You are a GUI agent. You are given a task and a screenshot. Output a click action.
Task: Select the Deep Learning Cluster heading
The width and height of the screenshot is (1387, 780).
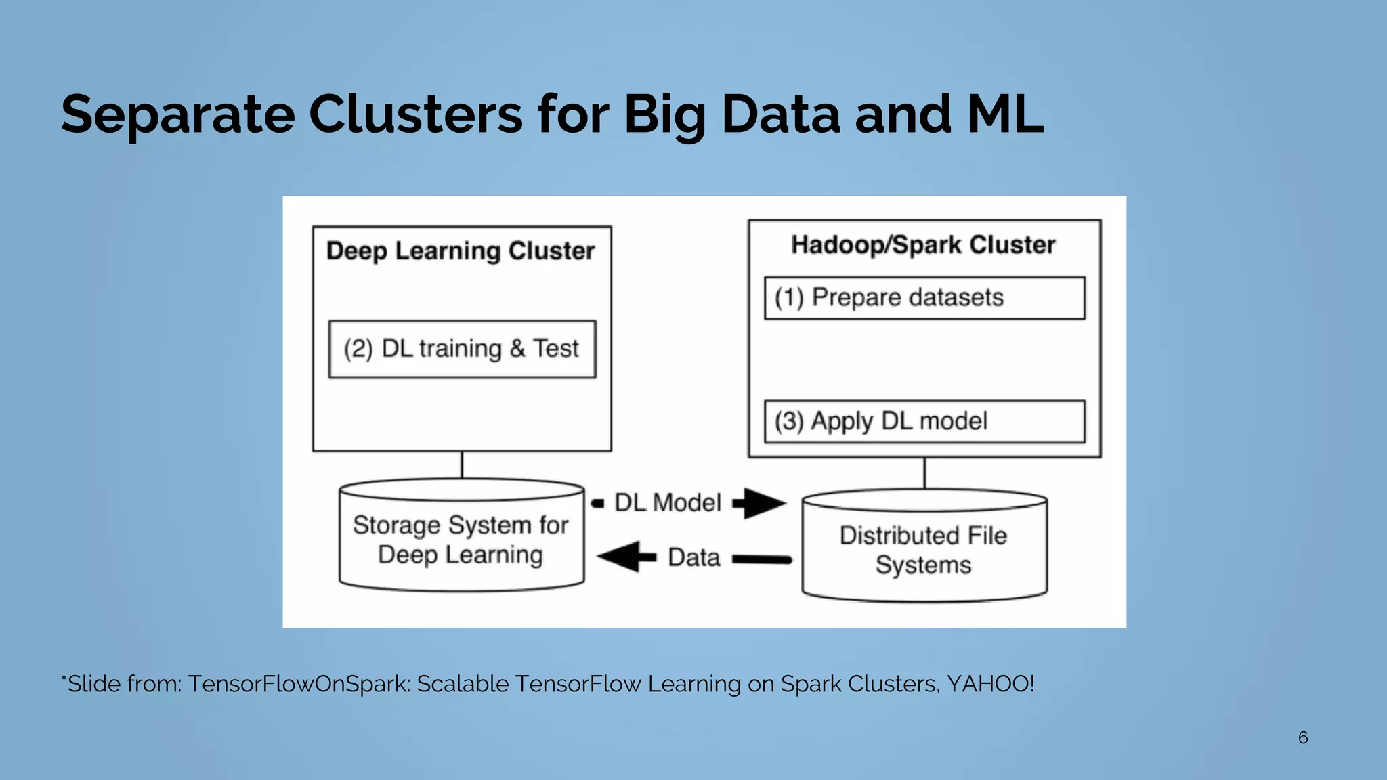click(x=461, y=251)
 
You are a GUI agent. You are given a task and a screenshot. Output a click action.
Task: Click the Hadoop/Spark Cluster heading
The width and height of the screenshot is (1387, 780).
click(x=923, y=245)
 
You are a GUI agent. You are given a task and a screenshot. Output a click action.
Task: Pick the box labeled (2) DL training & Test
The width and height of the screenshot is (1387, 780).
click(x=462, y=349)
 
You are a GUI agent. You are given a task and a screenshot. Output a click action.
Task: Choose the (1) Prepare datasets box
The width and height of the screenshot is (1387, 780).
click(x=924, y=298)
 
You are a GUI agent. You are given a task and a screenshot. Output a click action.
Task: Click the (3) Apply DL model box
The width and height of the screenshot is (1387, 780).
click(x=924, y=422)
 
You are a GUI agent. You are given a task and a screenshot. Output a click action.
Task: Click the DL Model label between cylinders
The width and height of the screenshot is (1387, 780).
click(x=667, y=503)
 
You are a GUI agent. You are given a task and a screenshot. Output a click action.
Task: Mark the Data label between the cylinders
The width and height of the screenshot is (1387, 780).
click(x=693, y=558)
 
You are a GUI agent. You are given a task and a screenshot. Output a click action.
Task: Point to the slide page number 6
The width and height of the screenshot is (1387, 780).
click(x=1302, y=738)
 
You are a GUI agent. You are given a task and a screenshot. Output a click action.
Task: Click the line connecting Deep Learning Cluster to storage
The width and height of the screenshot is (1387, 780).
click(x=462, y=465)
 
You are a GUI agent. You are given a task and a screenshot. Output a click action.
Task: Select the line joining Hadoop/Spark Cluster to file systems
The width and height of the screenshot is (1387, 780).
click(x=924, y=473)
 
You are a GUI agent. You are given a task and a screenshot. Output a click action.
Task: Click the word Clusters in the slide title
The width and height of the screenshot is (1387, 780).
click(x=415, y=114)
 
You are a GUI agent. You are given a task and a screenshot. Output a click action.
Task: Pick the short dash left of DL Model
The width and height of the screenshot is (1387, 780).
click(x=597, y=503)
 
